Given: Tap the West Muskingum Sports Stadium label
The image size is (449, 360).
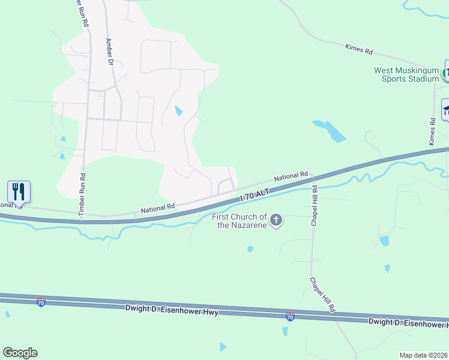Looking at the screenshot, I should [407, 74].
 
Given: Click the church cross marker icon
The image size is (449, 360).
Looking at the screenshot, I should [276, 220].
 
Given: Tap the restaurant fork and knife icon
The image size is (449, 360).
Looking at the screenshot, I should [19, 192].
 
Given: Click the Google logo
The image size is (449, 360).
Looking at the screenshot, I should [20, 353].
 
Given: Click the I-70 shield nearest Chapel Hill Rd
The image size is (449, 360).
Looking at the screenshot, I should [290, 317].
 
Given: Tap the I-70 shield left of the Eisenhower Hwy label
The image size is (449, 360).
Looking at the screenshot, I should [41, 302].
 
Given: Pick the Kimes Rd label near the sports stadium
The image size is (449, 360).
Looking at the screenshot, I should [431, 131].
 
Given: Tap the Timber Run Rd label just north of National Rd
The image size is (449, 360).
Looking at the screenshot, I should [83, 194].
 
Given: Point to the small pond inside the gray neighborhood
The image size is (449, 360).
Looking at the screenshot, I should [178, 111].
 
